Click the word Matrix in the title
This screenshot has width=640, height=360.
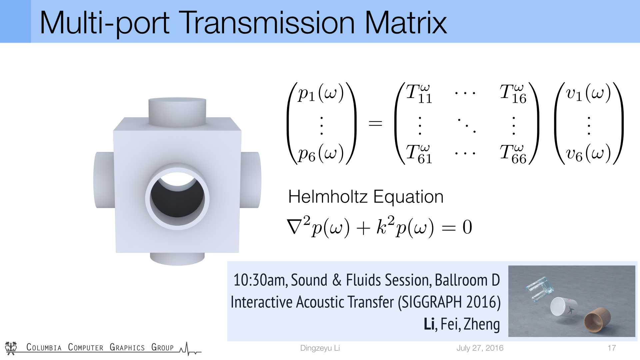[406, 23]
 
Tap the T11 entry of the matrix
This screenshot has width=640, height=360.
[419, 94]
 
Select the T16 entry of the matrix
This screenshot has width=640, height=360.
[513, 94]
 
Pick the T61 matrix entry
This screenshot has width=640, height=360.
[419, 154]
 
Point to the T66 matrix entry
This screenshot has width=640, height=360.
[513, 154]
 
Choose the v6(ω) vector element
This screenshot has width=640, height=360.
[588, 154]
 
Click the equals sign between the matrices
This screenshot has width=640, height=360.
[375, 124]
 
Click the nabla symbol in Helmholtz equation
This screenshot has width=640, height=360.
[295, 227]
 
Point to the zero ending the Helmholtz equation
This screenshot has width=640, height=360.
[467, 227]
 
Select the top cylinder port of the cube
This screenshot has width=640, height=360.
[177, 111]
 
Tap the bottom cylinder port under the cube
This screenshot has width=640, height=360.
[177, 259]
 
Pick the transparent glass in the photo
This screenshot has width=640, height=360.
[539, 289]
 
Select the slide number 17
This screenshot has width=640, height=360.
[612, 348]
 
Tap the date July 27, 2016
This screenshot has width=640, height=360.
[480, 348]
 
